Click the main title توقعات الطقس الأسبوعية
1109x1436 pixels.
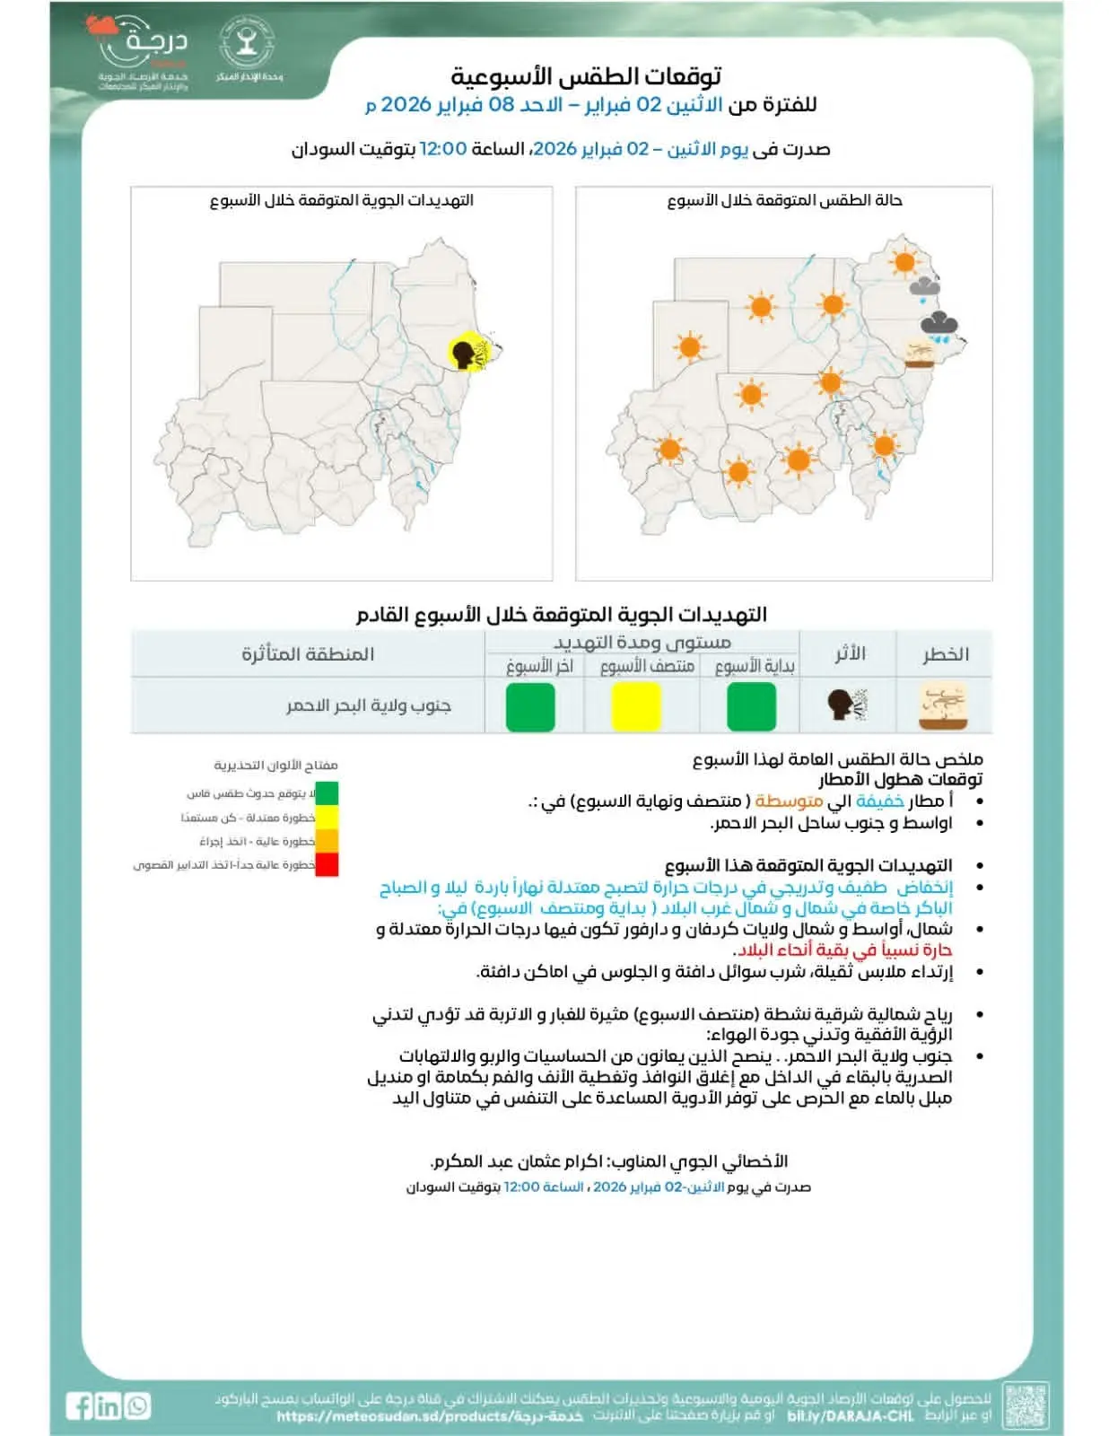586,75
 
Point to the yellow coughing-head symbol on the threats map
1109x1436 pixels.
467,351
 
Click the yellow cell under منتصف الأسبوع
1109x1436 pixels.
636,706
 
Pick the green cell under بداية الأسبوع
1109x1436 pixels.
751,706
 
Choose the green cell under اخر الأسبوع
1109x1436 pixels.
530,706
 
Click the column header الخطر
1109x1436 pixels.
946,654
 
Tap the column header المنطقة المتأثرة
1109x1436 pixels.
308,654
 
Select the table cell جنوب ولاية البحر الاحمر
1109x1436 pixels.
369,706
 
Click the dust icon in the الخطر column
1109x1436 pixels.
943,706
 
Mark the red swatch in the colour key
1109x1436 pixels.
327,864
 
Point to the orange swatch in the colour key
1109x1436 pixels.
327,841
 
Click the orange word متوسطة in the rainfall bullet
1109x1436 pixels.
789,801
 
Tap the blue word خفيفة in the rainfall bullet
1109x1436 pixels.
879,801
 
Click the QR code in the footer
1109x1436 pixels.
1026,1405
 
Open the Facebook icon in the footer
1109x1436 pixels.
80,1405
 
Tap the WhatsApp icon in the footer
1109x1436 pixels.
138,1405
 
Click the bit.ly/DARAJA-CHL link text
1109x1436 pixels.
850,1416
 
